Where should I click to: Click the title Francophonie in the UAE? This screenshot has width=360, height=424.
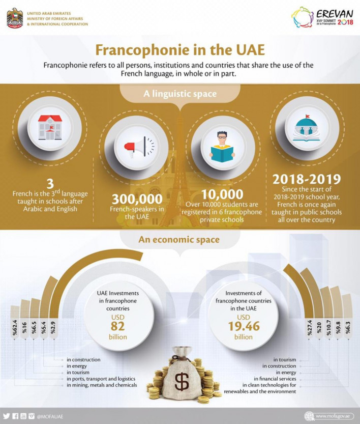tap(179, 51)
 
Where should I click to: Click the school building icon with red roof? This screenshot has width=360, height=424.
tap(50, 127)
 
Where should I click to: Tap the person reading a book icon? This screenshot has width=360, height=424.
tap(222, 146)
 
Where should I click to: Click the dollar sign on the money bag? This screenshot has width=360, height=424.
tap(182, 381)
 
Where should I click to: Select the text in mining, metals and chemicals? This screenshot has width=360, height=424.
tap(102, 385)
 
